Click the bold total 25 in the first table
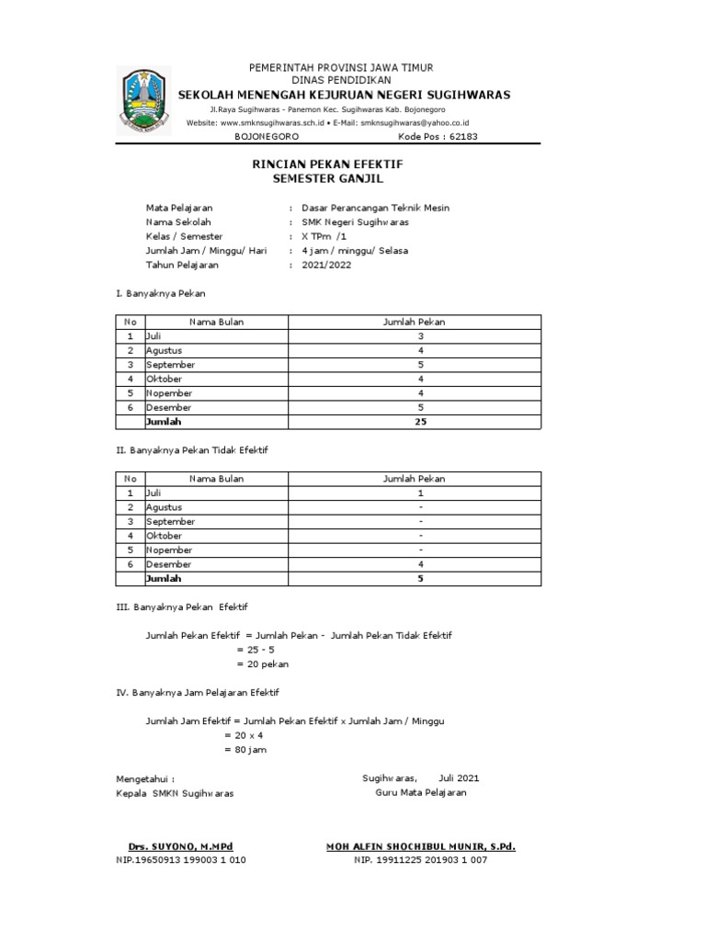click(x=420, y=422)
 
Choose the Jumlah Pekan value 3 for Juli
click(x=420, y=336)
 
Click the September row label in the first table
click(x=170, y=365)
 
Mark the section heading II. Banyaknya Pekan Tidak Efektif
click(x=191, y=450)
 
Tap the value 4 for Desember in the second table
click(x=420, y=564)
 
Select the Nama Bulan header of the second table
click(x=217, y=479)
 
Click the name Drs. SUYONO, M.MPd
click(x=180, y=846)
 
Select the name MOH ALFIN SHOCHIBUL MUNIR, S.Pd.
click(x=420, y=846)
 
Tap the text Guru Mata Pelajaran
click(x=420, y=792)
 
